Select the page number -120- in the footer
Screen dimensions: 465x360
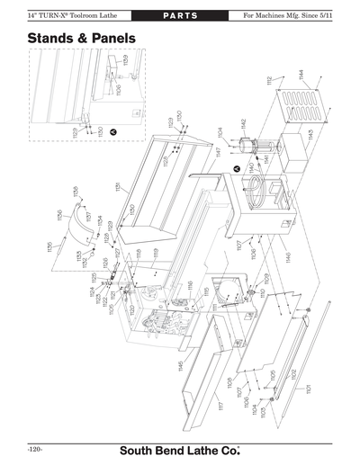pos(36,447)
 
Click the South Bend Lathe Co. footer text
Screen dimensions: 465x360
pos(180,447)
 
